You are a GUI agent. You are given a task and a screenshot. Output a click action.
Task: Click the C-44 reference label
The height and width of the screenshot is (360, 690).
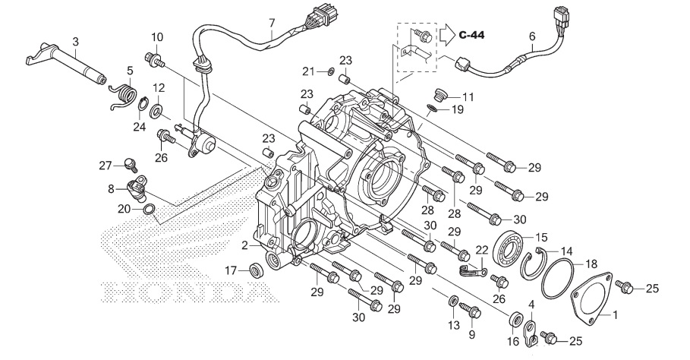471,35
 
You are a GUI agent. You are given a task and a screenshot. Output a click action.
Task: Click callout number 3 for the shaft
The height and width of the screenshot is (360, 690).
75,41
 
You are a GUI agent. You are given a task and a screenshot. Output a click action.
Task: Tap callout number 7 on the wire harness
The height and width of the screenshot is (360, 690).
271,24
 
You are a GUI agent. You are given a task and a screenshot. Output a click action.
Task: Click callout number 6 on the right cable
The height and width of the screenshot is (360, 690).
531,36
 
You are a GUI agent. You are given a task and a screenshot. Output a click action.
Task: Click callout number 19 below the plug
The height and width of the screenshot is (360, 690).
457,109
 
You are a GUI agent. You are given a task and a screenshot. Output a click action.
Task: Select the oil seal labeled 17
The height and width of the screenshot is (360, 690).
255,269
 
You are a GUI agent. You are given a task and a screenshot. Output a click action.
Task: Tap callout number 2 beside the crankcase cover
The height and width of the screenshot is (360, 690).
244,245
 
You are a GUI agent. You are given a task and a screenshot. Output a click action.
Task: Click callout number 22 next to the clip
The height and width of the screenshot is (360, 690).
480,250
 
